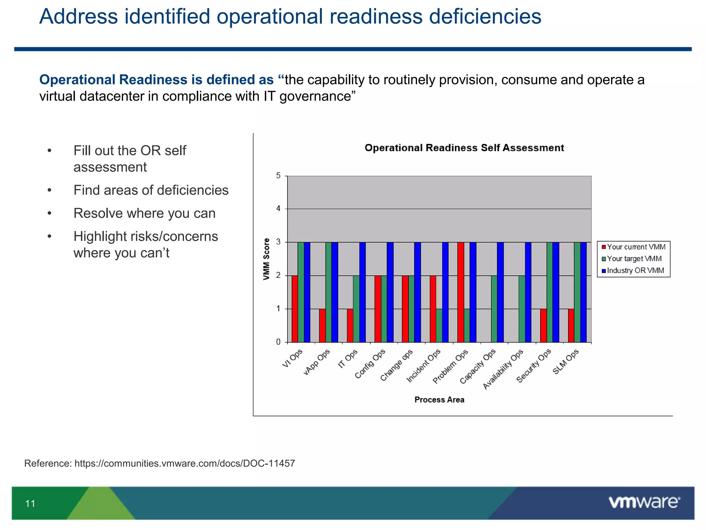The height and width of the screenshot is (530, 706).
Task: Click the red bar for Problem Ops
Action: point(461,292)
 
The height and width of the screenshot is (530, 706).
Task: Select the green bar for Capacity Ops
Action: point(494,309)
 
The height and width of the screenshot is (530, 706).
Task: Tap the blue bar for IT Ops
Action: point(362,292)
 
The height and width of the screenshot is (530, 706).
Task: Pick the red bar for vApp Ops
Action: point(322,325)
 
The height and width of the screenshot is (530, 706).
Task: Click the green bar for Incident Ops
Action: point(439,325)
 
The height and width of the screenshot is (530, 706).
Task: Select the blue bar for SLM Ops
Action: point(583,292)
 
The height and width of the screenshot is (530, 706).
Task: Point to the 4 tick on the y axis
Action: point(278,209)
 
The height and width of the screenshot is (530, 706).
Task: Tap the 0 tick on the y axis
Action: point(278,342)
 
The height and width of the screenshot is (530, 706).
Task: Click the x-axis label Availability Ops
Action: point(503,370)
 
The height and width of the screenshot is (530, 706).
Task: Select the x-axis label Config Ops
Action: point(370,364)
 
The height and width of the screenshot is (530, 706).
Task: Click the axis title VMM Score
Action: point(266,259)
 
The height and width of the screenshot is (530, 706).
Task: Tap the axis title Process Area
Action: point(439,400)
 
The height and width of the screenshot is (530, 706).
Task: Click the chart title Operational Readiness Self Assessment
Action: point(464,148)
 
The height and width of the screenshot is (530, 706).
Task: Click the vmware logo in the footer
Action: point(644,502)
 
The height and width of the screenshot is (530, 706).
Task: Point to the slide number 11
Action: point(30,503)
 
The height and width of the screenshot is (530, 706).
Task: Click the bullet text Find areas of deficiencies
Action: point(151,190)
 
